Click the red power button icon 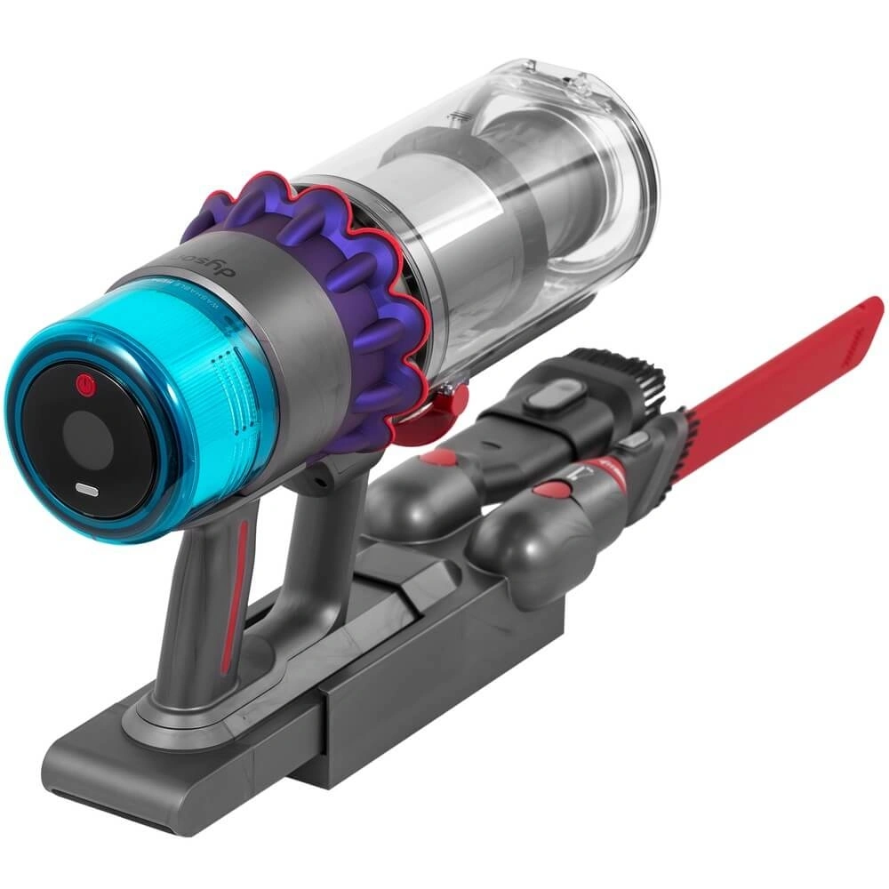click(85, 385)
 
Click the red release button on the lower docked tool click(554, 489)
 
